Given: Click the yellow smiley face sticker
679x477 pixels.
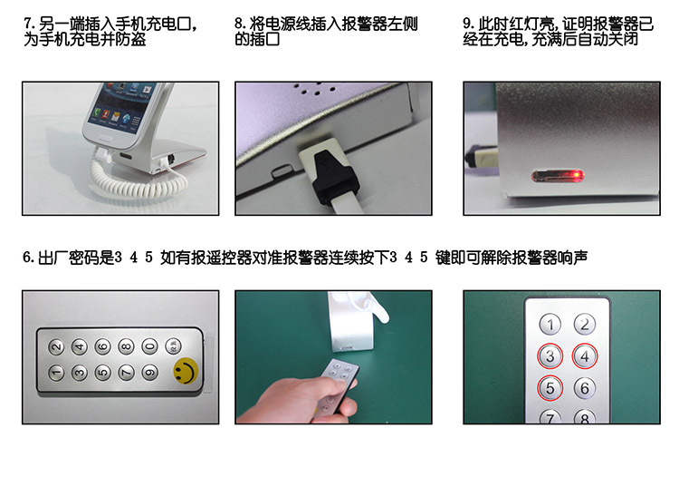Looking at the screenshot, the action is coord(186,371).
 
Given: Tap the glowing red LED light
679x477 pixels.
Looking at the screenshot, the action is coord(577,175).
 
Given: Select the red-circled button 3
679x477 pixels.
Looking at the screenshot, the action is coord(550,356).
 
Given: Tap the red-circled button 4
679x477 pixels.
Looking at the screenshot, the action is coord(585,356).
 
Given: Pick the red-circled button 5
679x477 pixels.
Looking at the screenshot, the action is coord(550,388).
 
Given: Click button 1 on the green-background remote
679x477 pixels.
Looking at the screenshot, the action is coord(550,325).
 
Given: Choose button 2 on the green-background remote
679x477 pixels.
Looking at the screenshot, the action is coord(585,325).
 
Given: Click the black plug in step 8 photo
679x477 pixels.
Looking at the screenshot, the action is coord(334,178).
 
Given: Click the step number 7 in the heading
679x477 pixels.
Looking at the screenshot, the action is coord(27,23).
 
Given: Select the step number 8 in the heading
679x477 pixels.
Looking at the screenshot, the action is coord(239,23).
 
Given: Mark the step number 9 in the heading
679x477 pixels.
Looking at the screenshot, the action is coord(467,23).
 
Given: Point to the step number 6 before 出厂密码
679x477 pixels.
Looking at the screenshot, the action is coord(27,258).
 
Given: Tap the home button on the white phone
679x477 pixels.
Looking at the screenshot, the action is coord(105,139).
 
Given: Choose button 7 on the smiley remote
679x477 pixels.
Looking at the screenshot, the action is coord(127,372).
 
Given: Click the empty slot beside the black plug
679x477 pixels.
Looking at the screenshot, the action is coord(282,170).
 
